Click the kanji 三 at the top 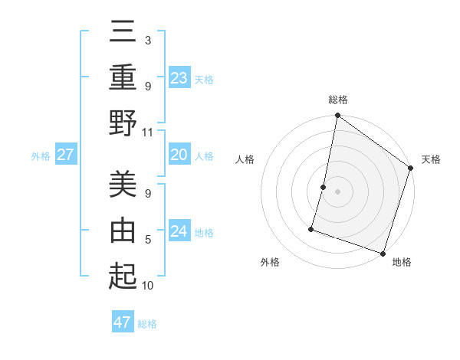point(123,35)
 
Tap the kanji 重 point(123,77)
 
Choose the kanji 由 point(123,229)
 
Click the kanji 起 point(123,274)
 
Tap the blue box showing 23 point(179,77)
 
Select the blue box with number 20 point(179,155)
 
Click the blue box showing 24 point(179,231)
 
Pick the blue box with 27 point(66,155)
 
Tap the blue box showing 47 point(123,322)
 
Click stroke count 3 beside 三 point(147,41)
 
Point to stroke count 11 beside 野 point(148,132)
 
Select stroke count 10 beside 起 point(148,286)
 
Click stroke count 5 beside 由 point(147,240)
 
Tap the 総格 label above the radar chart point(338,100)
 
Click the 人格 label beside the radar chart point(245,159)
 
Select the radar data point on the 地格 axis point(383,253)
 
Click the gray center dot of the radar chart point(337,191)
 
